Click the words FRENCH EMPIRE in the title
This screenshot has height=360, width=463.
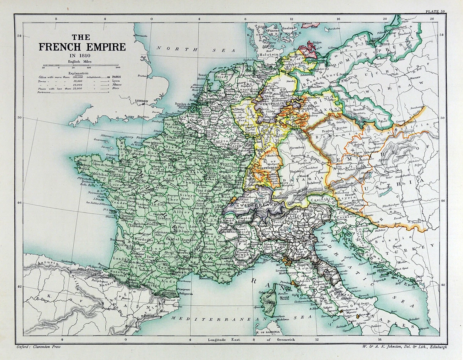(82, 47)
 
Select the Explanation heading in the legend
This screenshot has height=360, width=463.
(78, 73)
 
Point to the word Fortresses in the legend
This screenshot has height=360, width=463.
(46, 93)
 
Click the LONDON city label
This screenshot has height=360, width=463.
(142, 101)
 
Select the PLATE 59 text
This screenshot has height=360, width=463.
(436, 12)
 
